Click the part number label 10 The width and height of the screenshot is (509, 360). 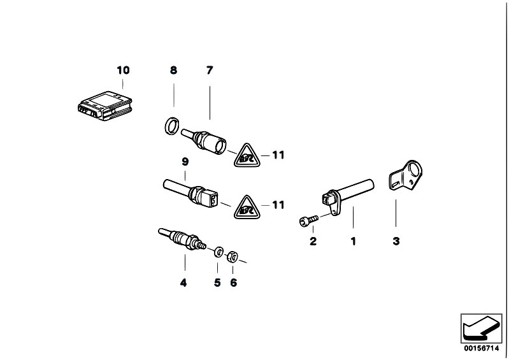[123, 69]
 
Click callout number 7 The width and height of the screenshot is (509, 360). [209, 69]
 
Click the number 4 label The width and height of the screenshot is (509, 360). [183, 282]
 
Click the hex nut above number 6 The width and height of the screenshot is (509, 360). [233, 256]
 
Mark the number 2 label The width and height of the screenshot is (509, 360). [313, 241]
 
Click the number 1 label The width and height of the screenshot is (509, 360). [352, 241]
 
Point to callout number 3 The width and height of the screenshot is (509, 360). [396, 241]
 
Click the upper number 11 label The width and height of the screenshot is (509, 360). [278, 155]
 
